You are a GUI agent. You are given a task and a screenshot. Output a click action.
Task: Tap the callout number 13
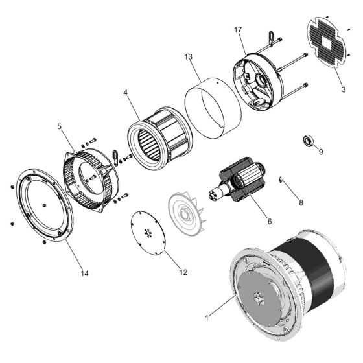tap(188, 57)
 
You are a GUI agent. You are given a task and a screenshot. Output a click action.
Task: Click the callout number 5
tap(60, 127)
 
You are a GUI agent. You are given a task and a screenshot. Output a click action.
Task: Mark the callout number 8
tap(300, 202)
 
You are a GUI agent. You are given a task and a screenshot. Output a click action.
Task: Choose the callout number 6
tap(268, 221)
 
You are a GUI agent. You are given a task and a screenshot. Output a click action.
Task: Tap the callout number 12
tap(183, 272)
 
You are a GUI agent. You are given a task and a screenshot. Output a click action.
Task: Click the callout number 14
tap(84, 274)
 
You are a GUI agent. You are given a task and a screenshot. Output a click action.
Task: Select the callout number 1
tap(207, 318)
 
